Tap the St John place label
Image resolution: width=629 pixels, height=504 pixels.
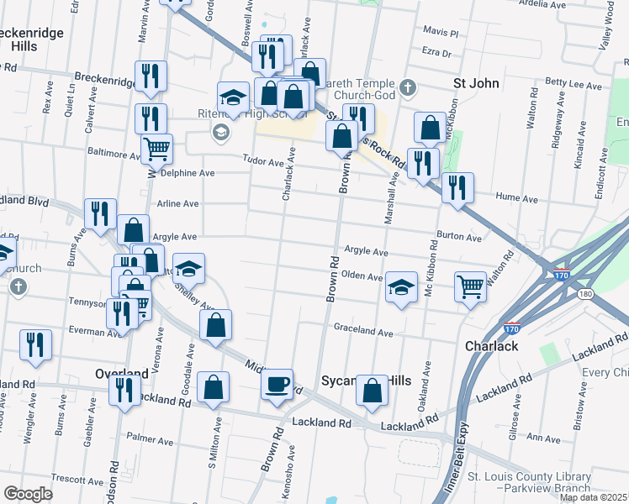tap(477, 83)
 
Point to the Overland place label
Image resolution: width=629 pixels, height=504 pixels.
tap(122, 372)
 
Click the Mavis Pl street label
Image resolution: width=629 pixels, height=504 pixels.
tap(441, 33)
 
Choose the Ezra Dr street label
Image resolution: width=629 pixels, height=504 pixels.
tap(436, 52)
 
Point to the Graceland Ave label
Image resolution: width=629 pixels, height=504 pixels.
tap(363, 333)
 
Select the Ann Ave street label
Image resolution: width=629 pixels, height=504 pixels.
tap(542, 438)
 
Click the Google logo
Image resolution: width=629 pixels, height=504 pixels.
tap(28, 494)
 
